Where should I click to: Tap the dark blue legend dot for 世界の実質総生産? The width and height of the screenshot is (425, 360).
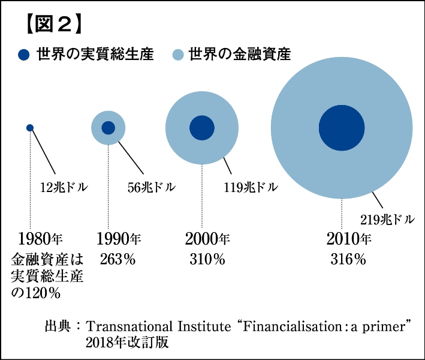click(24, 55)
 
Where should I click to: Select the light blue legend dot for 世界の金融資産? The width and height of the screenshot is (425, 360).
click(178, 55)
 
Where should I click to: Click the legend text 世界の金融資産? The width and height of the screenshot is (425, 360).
click(240, 55)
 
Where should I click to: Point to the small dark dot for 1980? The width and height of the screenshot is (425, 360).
click(30, 127)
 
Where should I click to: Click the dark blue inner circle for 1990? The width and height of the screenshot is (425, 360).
click(108, 127)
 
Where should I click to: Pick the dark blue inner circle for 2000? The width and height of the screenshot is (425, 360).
click(201, 127)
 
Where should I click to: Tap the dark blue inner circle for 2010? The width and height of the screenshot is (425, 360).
click(342, 128)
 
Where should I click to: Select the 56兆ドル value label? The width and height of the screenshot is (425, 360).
click(152, 187)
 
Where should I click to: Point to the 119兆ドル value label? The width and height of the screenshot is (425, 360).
click(251, 187)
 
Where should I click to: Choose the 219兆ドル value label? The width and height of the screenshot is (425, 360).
click(387, 218)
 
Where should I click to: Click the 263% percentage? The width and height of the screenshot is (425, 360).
click(117, 260)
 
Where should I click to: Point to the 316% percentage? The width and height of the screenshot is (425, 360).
click(348, 260)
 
